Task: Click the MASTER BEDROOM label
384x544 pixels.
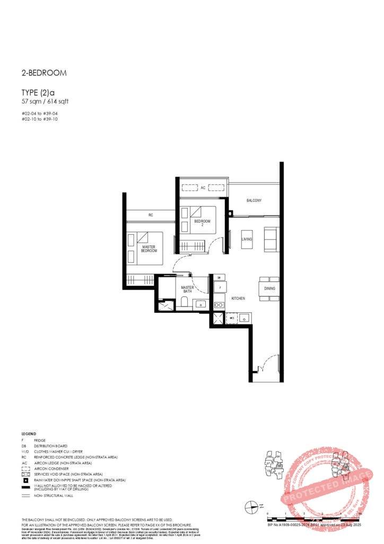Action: pos(150,249)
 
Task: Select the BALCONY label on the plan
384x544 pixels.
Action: pos(254,200)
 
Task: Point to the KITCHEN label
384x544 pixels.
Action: pos(238,299)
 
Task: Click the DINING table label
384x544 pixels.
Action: pos(269,288)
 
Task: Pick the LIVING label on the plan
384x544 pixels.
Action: pos(247,240)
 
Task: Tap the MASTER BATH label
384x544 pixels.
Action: pos(187,290)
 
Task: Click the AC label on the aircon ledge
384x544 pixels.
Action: pos(203,188)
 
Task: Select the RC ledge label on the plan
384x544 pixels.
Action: pos(151,215)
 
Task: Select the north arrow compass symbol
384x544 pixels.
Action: pos(250,507)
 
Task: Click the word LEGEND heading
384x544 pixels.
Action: pos(29,434)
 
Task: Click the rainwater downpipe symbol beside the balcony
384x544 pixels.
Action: pos(230,214)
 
